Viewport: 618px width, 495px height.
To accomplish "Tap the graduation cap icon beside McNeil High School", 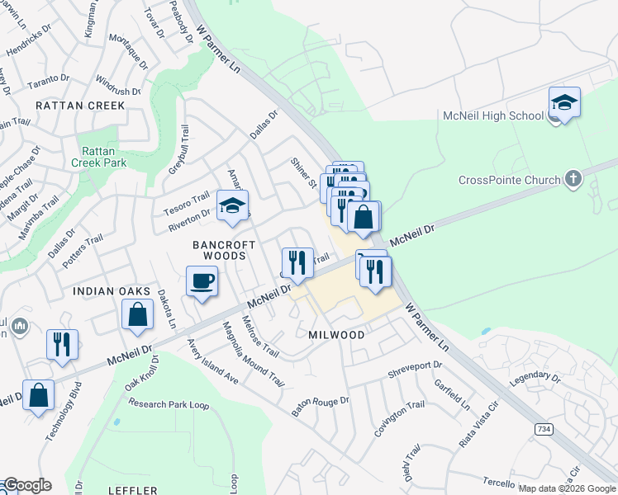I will click(564, 103).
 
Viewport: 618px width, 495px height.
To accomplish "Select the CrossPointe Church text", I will click(510, 180).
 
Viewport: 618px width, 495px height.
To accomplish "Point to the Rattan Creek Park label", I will click(103, 157).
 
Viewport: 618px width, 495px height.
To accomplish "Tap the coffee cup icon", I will click(202, 282).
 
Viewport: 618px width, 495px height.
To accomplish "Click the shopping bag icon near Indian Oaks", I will click(137, 315).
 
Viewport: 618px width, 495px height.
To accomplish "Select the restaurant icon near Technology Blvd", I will click(62, 345).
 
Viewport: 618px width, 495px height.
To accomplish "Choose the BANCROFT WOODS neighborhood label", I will click(219, 250).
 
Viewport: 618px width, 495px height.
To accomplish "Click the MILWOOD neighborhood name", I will click(336, 335).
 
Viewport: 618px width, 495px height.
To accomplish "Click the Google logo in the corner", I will click(26, 485).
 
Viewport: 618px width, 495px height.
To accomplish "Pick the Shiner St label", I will click(303, 172).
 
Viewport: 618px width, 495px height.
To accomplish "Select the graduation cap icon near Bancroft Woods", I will click(233, 206).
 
